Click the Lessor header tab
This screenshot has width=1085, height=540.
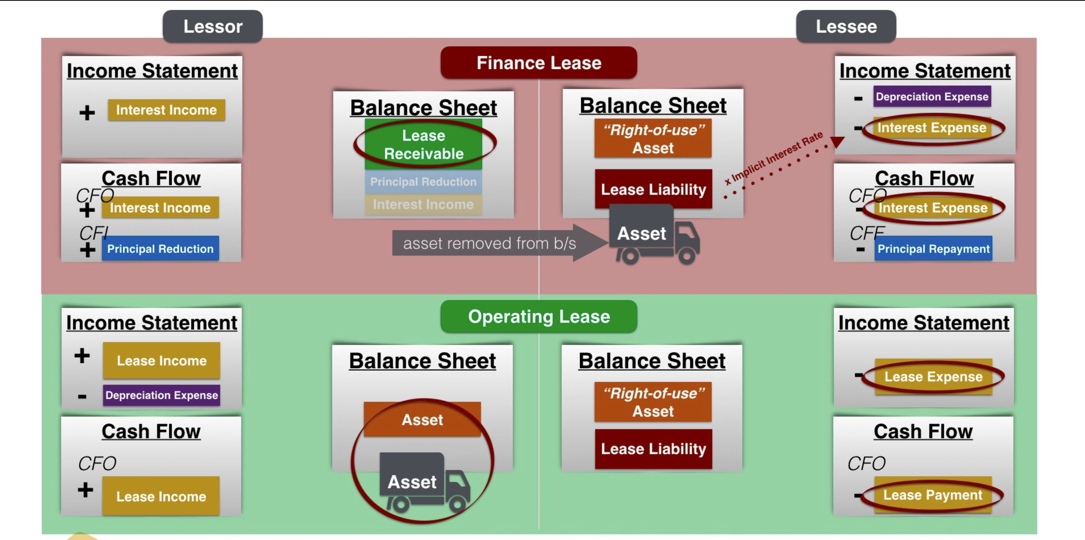[213, 26]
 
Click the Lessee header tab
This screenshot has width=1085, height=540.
[846, 26]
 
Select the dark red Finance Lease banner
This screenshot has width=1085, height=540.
[539, 63]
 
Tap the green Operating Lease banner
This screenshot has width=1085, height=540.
[539, 316]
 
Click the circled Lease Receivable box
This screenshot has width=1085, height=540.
[424, 144]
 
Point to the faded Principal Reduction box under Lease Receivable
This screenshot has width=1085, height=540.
[423, 182]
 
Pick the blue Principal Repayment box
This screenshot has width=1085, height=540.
[933, 249]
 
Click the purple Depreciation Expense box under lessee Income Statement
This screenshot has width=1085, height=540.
[932, 96]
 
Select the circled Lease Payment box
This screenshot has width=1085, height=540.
[932, 495]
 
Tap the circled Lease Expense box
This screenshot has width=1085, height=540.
[933, 377]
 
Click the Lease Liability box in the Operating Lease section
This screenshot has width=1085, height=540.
[653, 449]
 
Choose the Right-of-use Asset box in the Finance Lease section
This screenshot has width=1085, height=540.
[653, 139]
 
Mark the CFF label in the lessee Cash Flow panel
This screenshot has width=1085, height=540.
[867, 233]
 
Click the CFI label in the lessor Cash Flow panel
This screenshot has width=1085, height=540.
[94, 233]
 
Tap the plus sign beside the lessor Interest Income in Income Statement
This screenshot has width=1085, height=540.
[87, 113]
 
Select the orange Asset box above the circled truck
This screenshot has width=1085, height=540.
[422, 420]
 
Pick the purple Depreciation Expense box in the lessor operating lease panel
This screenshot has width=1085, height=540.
[162, 395]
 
